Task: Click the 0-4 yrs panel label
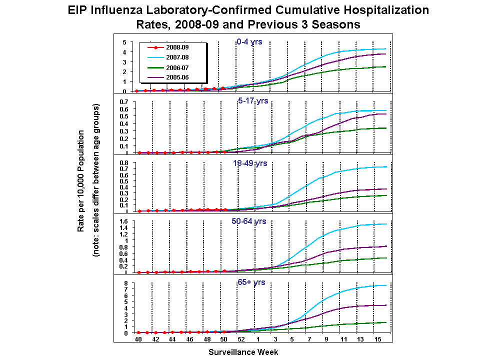pyautogui.click(x=249, y=42)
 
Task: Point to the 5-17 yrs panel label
pyautogui.click(x=253, y=101)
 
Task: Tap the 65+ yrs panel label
pyautogui.click(x=251, y=282)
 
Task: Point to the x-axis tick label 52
pyautogui.click(x=241, y=340)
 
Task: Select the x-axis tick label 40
pyautogui.click(x=138, y=340)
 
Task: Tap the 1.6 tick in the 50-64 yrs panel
pyautogui.click(x=124, y=221)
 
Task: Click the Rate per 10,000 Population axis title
pyautogui.click(x=80, y=181)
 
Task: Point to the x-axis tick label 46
pyautogui.click(x=189, y=340)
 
